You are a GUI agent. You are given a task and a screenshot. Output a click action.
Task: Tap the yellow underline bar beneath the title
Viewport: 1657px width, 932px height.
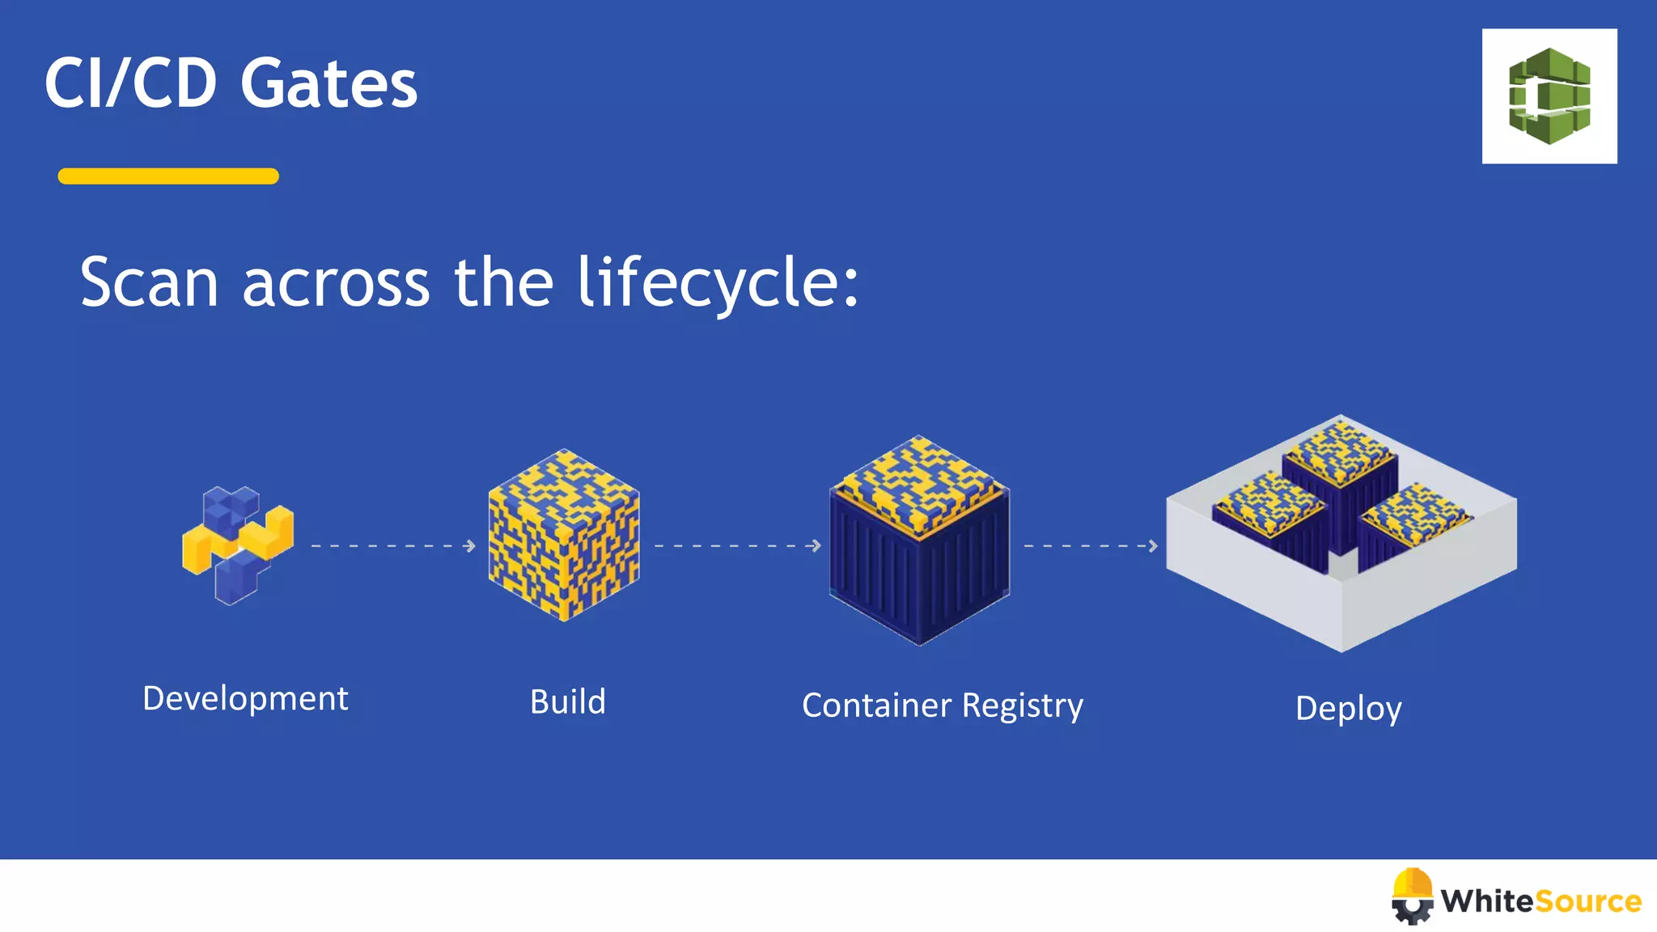168,176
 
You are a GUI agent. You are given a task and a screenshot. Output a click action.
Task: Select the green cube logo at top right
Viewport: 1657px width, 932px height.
1549,96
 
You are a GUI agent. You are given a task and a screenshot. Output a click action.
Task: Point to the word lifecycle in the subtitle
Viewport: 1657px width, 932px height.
717,283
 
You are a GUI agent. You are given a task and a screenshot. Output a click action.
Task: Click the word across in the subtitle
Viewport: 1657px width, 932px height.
336,283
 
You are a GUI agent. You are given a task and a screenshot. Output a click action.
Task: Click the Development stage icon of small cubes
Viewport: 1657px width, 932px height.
237,544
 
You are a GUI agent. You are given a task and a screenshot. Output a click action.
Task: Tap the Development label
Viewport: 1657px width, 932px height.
245,698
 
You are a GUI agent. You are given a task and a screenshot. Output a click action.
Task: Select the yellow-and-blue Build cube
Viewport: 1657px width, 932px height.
564,535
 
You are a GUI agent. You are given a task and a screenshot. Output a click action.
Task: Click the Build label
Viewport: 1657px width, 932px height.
568,701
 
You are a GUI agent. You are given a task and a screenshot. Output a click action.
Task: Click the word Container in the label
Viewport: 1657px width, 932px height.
876,705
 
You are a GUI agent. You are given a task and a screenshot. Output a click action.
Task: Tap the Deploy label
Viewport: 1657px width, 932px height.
1349,709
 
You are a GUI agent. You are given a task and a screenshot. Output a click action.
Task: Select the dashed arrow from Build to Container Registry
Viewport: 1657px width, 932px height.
737,546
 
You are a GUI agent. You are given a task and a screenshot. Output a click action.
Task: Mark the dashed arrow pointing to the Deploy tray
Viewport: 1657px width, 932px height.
1091,546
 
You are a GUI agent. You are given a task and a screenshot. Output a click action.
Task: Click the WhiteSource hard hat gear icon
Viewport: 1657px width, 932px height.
1413,896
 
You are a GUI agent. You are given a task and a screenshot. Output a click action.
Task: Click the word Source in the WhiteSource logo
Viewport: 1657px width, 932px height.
1587,901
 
